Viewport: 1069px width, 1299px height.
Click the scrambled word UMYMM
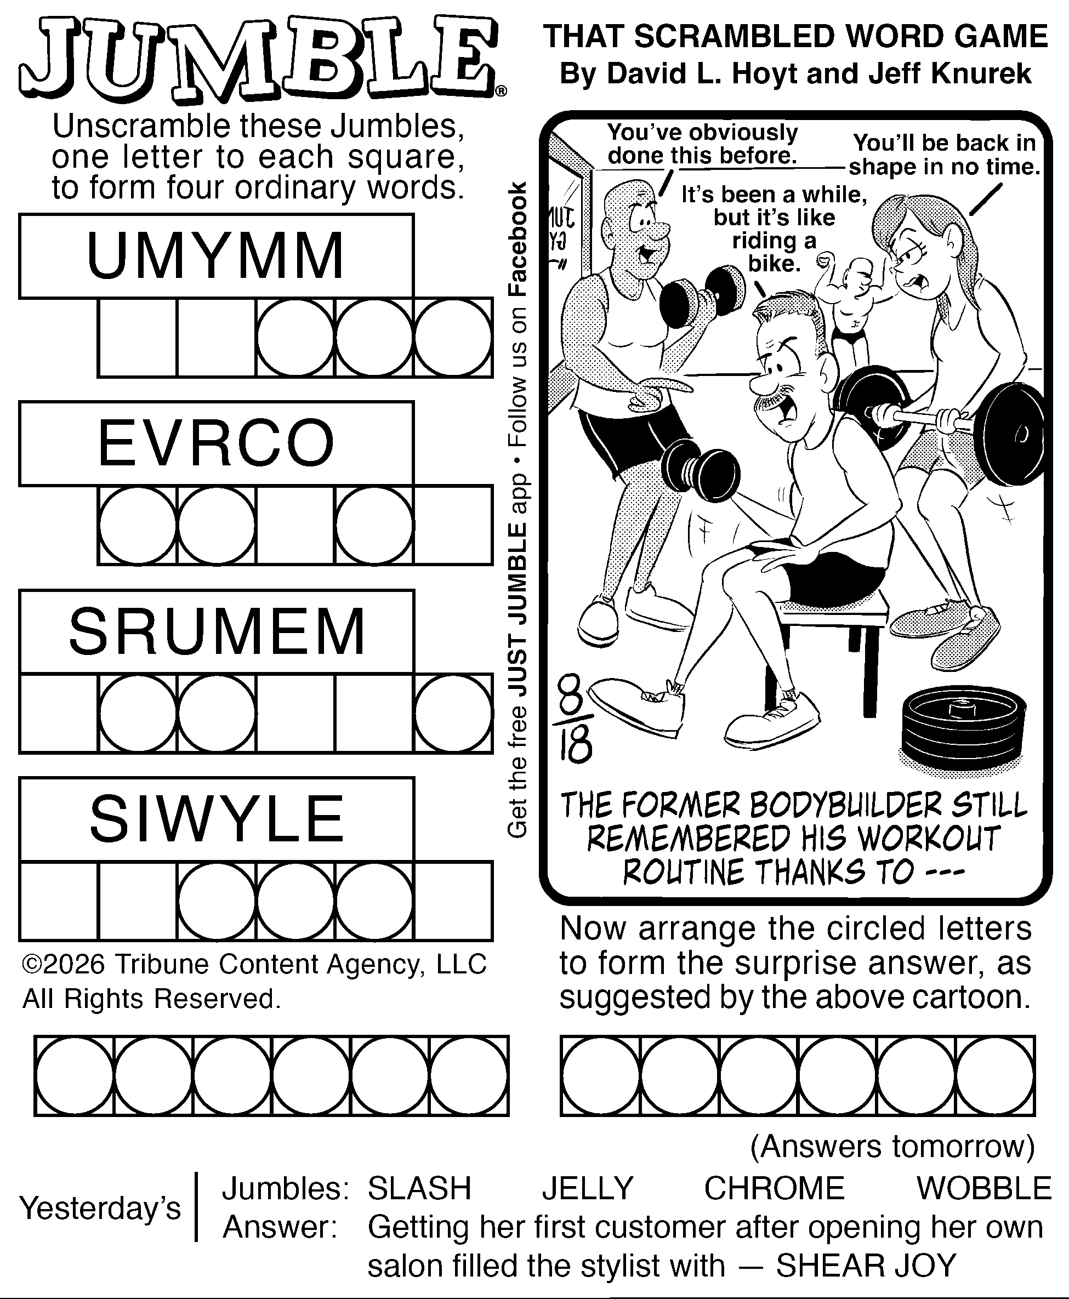click(215, 255)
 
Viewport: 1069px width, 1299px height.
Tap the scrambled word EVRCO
click(216, 443)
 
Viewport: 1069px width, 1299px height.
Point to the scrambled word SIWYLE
click(217, 819)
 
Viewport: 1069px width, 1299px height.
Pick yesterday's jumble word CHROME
click(774, 1188)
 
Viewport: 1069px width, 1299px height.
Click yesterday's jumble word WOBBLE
click(984, 1188)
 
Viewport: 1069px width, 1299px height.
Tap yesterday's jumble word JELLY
click(588, 1188)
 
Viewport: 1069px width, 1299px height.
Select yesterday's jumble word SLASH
click(419, 1188)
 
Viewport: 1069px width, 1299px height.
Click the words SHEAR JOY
click(866, 1266)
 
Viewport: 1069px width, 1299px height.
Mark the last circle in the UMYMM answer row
click(453, 338)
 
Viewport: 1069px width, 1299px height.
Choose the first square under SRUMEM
click(59, 714)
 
